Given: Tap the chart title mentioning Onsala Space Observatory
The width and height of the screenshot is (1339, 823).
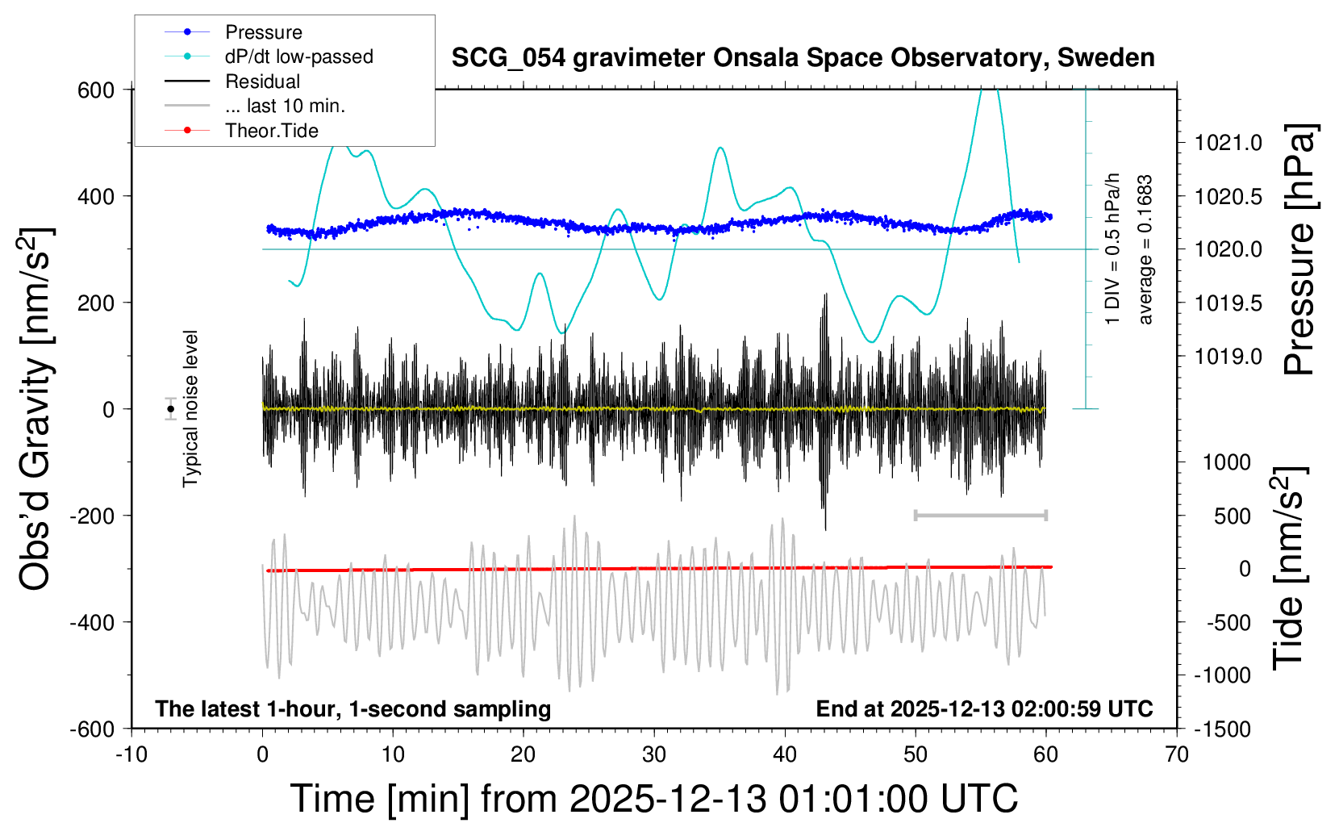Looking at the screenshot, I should (x=803, y=58).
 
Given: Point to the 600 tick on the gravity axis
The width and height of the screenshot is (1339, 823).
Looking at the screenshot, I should (x=96, y=90).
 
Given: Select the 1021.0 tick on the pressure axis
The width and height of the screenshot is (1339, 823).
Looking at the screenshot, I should (x=1228, y=144).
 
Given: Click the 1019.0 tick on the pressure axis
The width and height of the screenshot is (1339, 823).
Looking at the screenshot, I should (x=1228, y=357).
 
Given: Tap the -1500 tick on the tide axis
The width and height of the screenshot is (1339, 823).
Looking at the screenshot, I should (x=1221, y=729).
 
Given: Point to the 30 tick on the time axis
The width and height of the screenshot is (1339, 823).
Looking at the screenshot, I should (x=654, y=755).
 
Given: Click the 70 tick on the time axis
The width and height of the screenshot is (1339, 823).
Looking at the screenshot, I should (x=1177, y=755).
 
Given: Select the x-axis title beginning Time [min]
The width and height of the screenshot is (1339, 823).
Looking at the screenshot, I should (x=653, y=799).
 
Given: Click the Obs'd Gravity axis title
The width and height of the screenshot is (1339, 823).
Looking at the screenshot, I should (x=36, y=409).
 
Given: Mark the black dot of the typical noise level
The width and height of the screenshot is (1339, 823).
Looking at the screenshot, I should (x=171, y=409).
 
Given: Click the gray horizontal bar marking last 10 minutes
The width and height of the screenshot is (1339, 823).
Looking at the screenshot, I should (x=980, y=515).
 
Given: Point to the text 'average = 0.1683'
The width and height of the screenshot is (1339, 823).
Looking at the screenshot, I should (x=1145, y=250).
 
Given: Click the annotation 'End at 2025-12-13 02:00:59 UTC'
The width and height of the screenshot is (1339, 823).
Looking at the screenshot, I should (x=984, y=709).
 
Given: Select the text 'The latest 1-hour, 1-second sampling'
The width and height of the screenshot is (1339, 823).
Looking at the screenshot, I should (x=353, y=709).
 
